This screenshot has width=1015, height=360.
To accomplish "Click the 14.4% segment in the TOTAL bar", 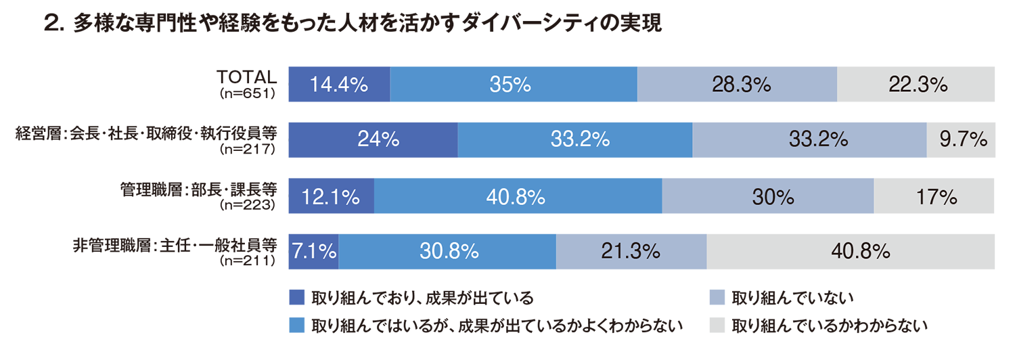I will [339, 85].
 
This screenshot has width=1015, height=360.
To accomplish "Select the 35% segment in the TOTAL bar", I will [514, 85].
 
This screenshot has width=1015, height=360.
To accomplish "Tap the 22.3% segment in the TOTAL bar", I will [916, 85].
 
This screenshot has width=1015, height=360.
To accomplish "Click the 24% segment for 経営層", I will [373, 140].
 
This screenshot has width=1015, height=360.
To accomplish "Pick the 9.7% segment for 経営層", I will [961, 140].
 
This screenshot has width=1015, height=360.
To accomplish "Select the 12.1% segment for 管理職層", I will [331, 196].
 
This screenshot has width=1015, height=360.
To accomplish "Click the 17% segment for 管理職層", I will [934, 196].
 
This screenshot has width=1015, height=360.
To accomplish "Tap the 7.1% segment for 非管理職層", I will [313, 252].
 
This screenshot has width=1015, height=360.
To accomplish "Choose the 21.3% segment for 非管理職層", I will [631, 252].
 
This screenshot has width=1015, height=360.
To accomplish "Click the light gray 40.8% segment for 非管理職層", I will [851, 252].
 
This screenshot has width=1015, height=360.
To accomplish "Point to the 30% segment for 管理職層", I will [768, 196].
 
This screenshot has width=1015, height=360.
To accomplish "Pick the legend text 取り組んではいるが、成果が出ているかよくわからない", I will [497, 326].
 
